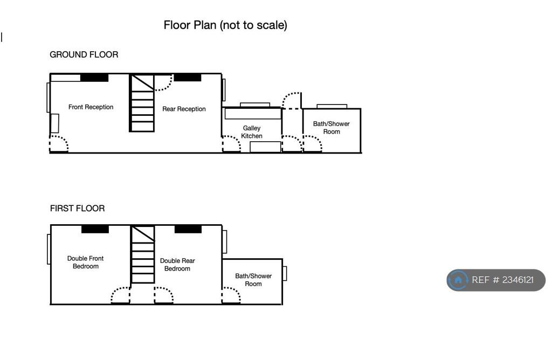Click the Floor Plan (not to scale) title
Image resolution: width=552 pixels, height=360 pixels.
[225, 25]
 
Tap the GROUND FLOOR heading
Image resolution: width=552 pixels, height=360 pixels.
[84, 54]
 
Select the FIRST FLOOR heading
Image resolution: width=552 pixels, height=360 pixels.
[78, 209]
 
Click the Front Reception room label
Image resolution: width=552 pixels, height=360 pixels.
[91, 107]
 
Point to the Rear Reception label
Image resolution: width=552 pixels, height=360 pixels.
[184, 109]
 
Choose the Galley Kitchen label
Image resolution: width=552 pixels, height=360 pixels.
[252, 132]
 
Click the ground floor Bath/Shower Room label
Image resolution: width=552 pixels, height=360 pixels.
[332, 128]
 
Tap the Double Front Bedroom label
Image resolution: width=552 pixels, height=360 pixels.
[86, 262]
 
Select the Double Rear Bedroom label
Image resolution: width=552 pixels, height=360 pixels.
[177, 265]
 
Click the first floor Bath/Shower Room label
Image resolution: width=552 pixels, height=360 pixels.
[253, 280]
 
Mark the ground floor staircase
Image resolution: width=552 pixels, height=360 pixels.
[142, 103]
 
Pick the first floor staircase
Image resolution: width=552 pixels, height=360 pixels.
[142, 254]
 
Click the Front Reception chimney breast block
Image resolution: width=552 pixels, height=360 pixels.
[94, 78]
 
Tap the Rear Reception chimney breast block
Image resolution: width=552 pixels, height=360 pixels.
[188, 78]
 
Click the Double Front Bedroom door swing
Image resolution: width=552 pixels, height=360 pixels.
[120, 295]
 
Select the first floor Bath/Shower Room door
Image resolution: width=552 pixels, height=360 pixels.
[231, 295]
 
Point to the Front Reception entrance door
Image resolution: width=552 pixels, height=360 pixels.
[59, 143]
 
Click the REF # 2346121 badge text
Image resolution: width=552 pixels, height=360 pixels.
[503, 280]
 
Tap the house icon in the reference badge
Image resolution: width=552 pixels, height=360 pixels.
[458, 280]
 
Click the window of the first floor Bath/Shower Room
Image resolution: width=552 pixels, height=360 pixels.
[285, 273]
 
